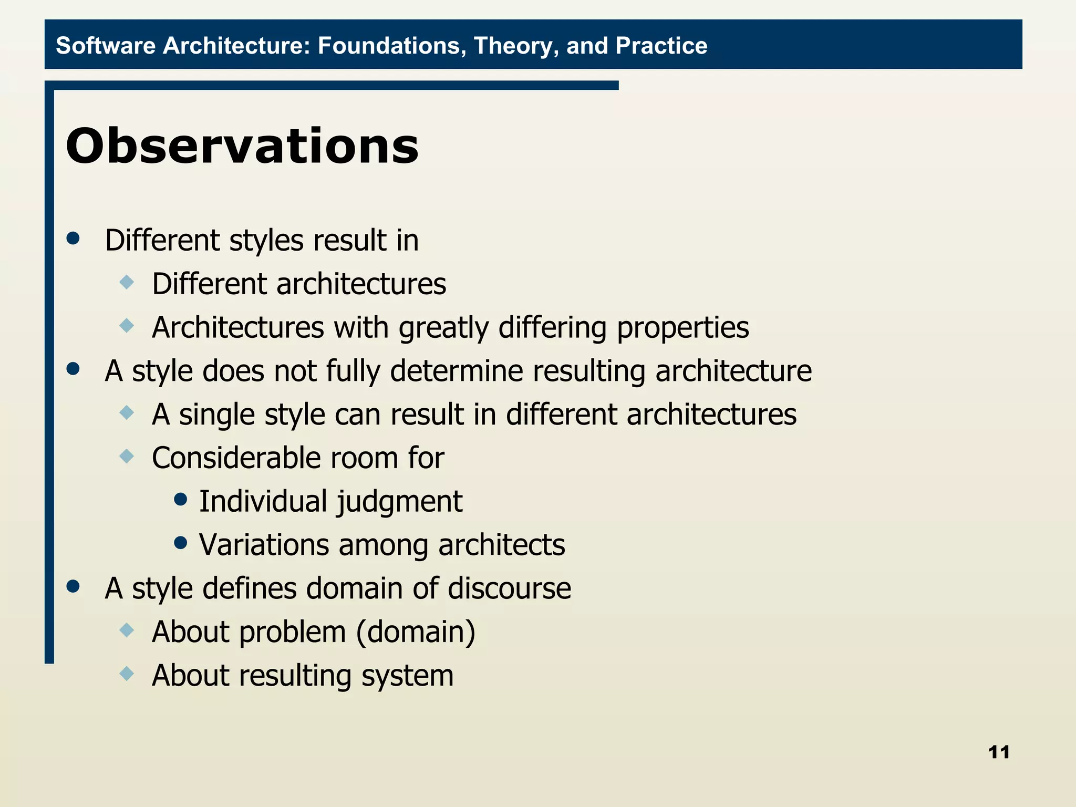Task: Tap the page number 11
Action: coord(999,752)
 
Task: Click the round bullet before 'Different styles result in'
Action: coord(73,239)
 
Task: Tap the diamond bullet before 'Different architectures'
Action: coord(127,282)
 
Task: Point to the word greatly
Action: coord(443,328)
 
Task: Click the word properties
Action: coord(682,328)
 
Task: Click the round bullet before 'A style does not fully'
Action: coord(73,369)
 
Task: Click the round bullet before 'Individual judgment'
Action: coord(180,499)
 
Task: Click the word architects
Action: coord(501,545)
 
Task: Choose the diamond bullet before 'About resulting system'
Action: coord(127,673)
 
